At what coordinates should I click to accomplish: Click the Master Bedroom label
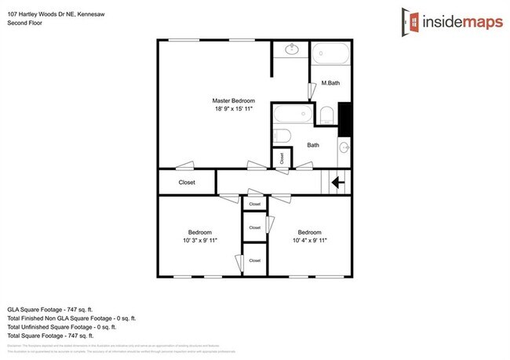point(234,101)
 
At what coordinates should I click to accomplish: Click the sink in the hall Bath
point(344,147)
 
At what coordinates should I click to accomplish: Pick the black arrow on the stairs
point(339,183)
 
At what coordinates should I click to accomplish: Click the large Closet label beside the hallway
point(187,183)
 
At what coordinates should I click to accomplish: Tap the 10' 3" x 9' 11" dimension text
point(199,241)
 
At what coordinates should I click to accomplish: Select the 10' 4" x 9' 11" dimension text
point(308,241)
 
